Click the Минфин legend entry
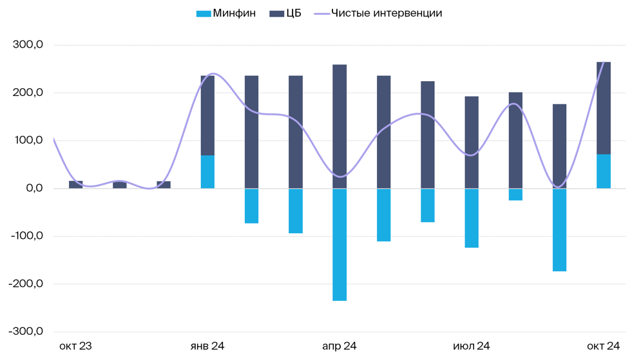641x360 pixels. [225, 13]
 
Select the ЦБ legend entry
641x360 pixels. [285, 13]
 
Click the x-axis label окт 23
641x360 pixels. [75, 346]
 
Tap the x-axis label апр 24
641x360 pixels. [340, 346]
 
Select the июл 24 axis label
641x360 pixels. [472, 346]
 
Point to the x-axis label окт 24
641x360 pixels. [603, 346]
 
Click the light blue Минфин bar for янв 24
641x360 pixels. [207, 172]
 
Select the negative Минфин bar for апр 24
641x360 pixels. [340, 245]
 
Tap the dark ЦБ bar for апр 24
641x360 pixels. [340, 126]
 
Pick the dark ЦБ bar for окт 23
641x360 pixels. [75, 185]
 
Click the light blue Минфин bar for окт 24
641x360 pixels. [604, 171]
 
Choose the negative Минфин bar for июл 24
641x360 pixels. [472, 218]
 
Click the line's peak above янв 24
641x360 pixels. [213, 74]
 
